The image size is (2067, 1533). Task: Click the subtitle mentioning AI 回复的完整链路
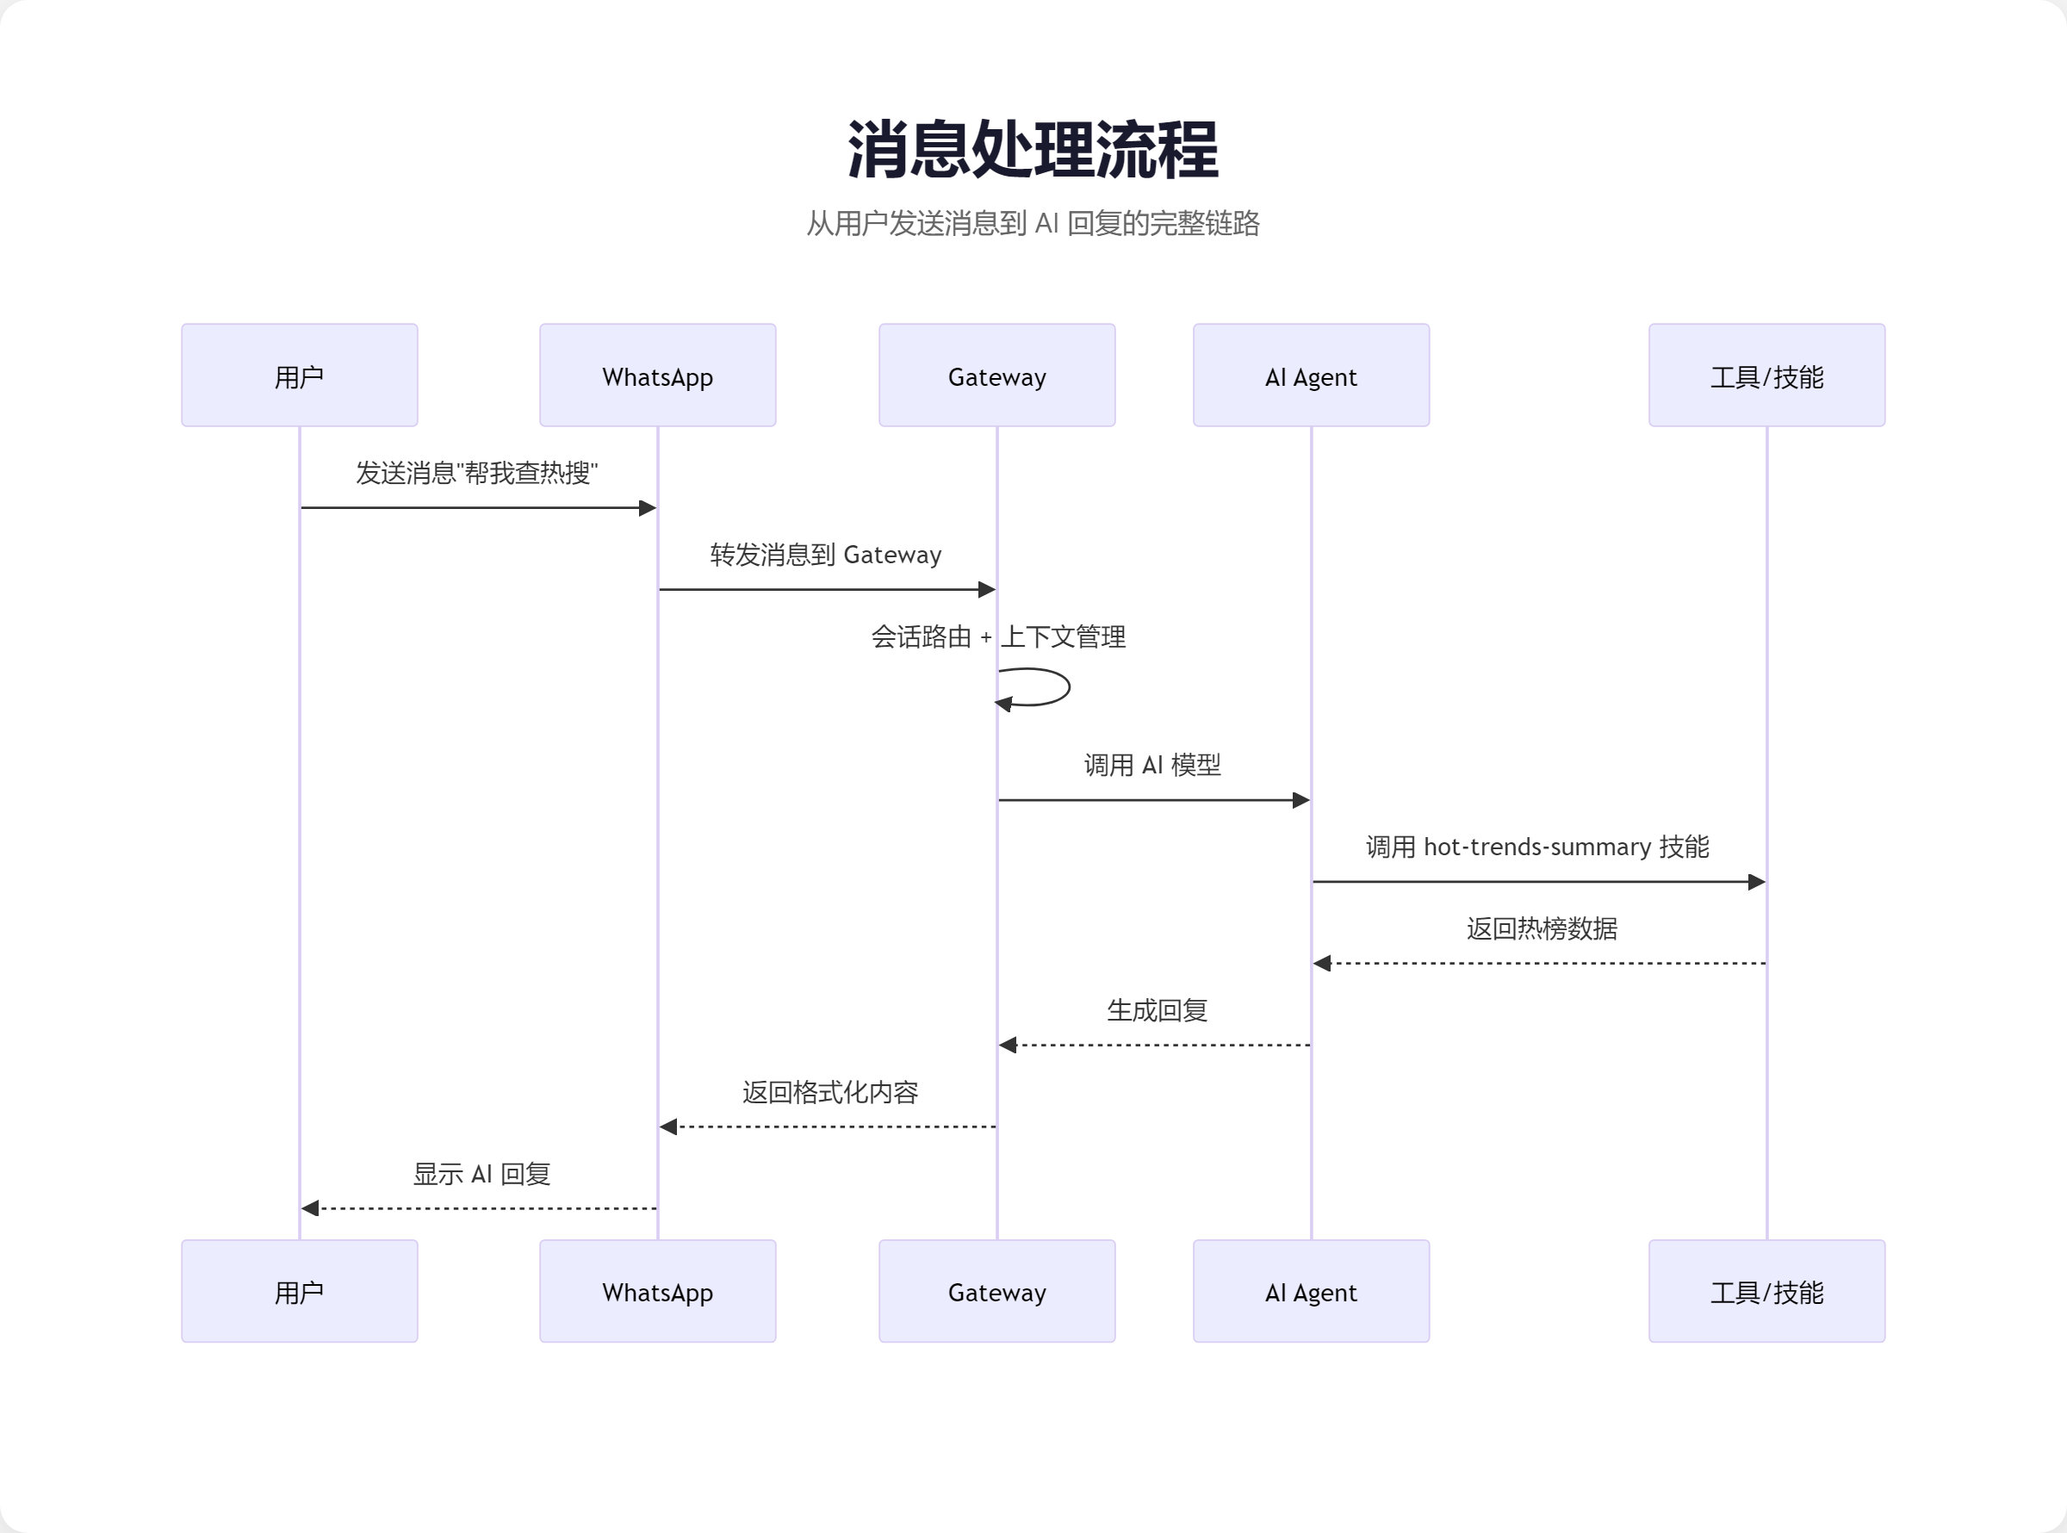coord(1033,224)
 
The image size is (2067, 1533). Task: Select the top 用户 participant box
coord(300,375)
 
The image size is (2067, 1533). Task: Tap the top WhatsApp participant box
coord(658,375)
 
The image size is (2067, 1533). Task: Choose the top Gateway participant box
coord(997,375)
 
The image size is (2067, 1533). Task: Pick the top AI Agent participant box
coord(1311,375)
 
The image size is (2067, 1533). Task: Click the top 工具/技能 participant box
coord(1766,375)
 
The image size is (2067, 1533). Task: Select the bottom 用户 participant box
coord(300,1291)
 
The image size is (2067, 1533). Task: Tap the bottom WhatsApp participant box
coord(658,1291)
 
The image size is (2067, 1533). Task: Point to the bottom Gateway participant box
coord(997,1291)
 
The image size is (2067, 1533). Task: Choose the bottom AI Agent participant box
coord(1311,1291)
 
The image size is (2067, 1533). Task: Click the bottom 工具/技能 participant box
coord(1766,1291)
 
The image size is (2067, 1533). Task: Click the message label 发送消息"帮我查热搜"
coord(477,474)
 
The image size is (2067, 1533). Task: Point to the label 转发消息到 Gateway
coord(826,555)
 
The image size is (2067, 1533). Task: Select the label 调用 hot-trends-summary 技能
coord(1537,847)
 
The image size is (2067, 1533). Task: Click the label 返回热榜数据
coord(1541,929)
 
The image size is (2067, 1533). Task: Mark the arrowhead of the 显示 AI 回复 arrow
coord(311,1208)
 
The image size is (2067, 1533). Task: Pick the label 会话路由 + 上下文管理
coord(998,636)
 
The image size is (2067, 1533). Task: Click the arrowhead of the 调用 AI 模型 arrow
coord(1300,800)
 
